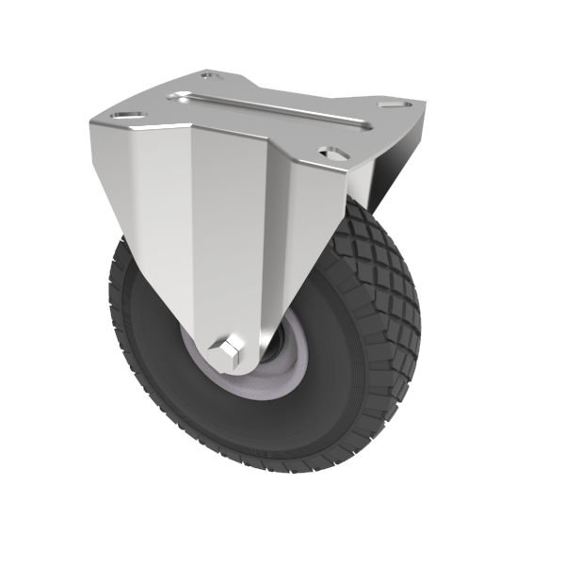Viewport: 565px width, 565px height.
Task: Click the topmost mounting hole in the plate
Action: tap(212, 75)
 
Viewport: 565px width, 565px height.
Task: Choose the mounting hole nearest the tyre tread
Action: tap(331, 151)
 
